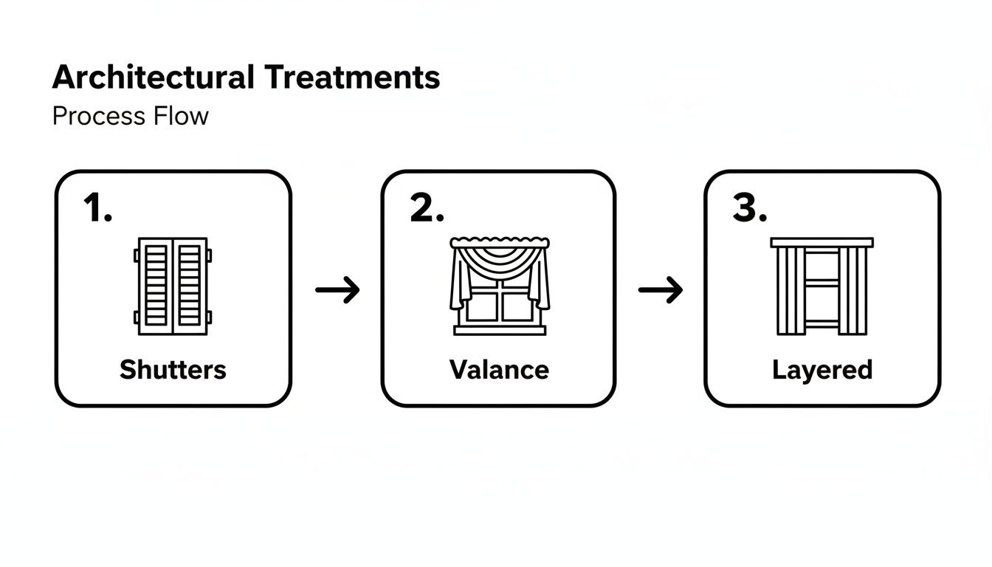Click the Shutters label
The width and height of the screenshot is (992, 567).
click(173, 369)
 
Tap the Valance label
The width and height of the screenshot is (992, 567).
click(499, 369)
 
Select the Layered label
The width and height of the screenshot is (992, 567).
click(822, 369)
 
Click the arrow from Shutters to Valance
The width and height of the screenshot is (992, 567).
click(337, 289)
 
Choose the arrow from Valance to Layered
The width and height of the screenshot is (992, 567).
click(661, 289)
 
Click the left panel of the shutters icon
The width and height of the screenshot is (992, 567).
click(155, 286)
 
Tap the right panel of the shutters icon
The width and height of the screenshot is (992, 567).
click(190, 286)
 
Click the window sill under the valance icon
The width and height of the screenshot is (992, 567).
click(500, 330)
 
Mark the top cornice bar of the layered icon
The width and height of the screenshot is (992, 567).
click(821, 242)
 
